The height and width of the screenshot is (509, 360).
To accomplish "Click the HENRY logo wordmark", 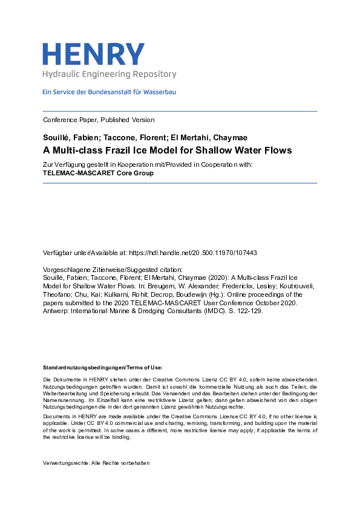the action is (x=93, y=54).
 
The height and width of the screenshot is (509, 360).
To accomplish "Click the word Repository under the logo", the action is (x=154, y=74).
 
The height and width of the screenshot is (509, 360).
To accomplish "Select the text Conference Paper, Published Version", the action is (x=99, y=120).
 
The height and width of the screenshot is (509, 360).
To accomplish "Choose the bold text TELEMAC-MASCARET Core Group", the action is (x=98, y=173).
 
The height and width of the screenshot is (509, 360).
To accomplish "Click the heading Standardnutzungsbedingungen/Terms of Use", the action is (x=102, y=368).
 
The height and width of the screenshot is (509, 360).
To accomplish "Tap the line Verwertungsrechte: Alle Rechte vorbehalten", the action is (x=96, y=463).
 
